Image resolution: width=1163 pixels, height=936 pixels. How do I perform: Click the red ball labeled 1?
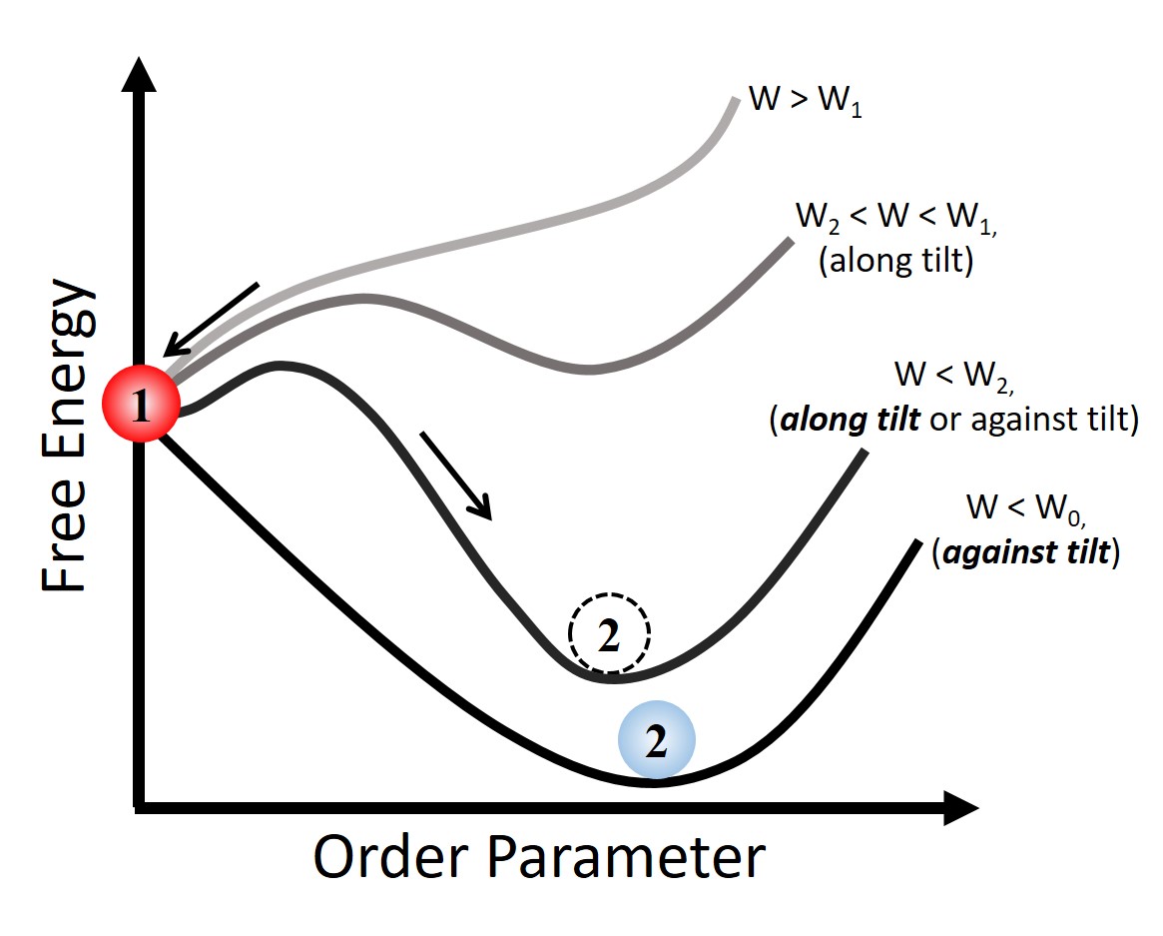[141, 405]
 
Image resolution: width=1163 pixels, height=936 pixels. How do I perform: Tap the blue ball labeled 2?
[655, 740]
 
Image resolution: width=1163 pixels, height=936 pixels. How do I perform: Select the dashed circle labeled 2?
[609, 633]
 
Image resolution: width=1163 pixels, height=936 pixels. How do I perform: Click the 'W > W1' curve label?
[805, 104]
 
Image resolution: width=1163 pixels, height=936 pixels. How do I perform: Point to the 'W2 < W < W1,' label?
[895, 219]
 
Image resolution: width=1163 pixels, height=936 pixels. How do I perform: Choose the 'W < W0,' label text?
[1026, 508]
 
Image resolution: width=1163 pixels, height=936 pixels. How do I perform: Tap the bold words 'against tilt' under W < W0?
[1025, 551]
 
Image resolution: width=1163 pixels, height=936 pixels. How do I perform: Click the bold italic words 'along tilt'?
[850, 421]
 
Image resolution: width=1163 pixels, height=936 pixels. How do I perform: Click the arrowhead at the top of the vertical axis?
[144, 75]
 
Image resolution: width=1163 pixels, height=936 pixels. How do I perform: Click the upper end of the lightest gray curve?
[735, 99]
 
